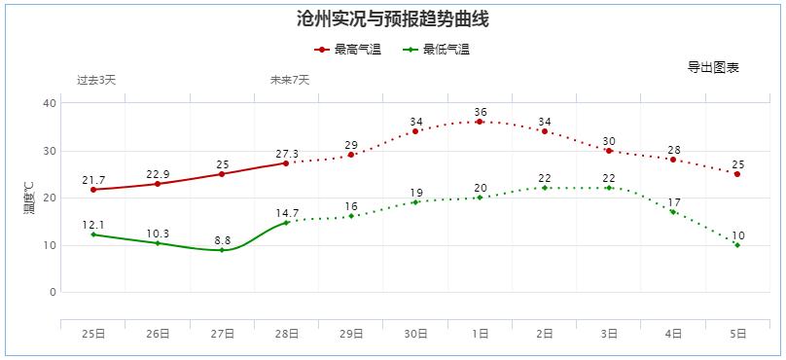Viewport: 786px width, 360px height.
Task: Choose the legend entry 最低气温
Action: point(438,50)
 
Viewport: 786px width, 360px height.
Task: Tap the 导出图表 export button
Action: point(713,67)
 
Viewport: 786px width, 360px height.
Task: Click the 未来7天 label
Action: point(290,80)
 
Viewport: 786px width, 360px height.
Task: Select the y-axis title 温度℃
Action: point(29,198)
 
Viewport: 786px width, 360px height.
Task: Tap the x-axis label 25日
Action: point(93,334)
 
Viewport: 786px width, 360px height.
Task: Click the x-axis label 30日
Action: point(415,334)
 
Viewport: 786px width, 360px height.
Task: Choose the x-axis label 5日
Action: point(737,334)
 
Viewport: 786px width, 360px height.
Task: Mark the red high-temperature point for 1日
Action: point(480,122)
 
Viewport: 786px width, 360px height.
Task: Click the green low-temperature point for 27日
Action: point(222,250)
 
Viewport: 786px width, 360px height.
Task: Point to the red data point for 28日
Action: point(286,162)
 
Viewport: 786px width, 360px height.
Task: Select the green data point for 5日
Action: point(737,245)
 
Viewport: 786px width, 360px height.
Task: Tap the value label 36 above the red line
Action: point(480,112)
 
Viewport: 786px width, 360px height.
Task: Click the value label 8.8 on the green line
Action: point(222,239)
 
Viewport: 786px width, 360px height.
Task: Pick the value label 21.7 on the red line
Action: point(93,180)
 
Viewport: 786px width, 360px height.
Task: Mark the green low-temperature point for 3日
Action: point(609,188)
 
